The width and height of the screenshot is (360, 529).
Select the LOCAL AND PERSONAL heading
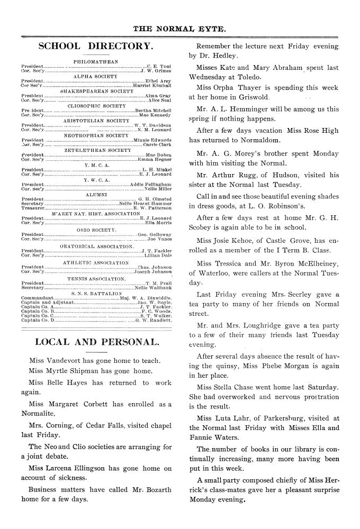tap(96, 342)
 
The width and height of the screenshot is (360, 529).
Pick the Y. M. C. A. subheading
tap(96, 165)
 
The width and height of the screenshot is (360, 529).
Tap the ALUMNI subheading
tap(96, 195)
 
